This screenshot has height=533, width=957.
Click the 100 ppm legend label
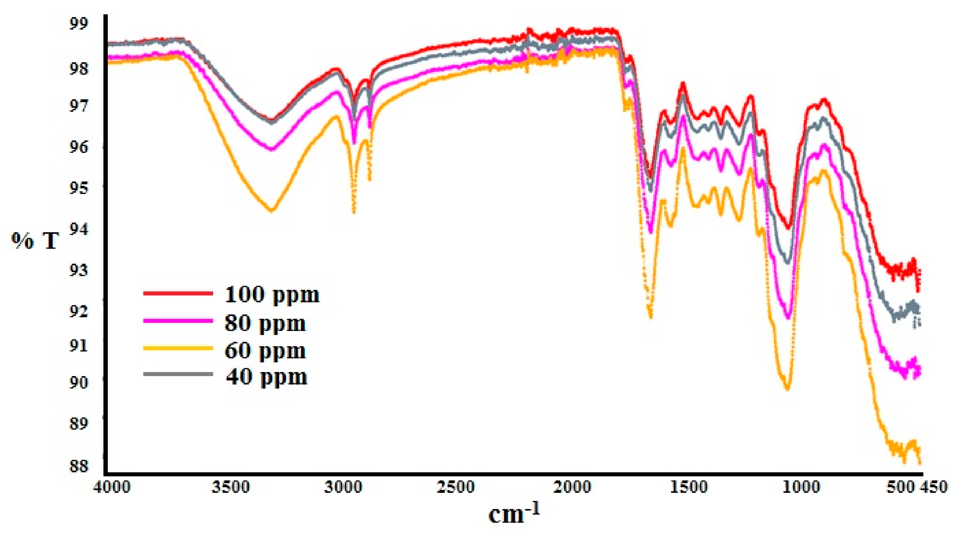point(272,295)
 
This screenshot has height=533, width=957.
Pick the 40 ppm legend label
point(266,377)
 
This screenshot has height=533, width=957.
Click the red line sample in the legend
point(178,293)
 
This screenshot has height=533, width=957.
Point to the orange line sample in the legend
point(178,348)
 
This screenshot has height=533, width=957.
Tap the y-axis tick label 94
point(79,229)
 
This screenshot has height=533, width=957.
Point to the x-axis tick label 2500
point(455,487)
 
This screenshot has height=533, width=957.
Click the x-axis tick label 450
point(937,487)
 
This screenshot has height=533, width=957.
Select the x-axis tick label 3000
point(343,487)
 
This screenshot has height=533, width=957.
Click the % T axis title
point(35,241)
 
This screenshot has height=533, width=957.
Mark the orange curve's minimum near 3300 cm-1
point(272,210)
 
